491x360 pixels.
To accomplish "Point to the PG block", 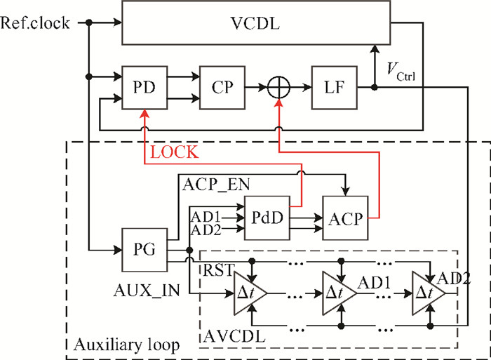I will [x=143, y=249].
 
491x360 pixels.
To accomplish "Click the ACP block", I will [x=344, y=218].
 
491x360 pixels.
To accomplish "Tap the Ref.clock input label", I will [x=35, y=22].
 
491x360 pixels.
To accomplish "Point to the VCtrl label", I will [x=403, y=72].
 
